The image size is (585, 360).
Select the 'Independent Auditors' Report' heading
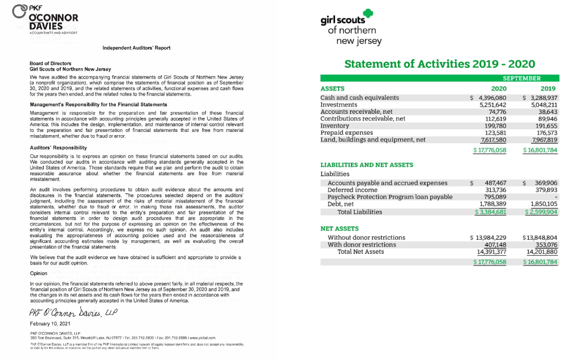click(136, 48)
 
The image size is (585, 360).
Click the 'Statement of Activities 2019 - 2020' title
click(439, 64)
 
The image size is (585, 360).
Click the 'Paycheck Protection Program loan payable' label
click(390, 197)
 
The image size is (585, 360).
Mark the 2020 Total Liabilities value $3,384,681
click(490, 212)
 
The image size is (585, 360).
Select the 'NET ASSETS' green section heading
click(339, 229)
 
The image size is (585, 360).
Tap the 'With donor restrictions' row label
click(362, 245)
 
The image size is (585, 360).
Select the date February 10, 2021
click(50, 324)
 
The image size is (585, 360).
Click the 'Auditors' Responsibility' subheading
click(58, 147)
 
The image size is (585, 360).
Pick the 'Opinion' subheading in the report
click(38, 273)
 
